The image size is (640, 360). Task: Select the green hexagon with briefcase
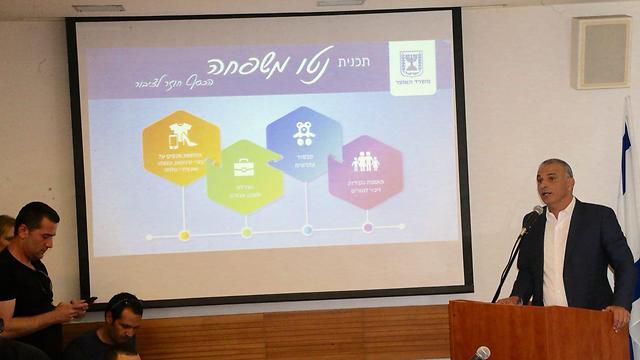pyautogui.click(x=245, y=176)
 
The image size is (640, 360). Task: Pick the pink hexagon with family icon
pyautogui.click(x=365, y=171)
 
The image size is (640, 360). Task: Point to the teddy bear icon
pyautogui.click(x=304, y=133)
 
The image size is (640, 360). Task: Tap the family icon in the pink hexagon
pyautogui.click(x=365, y=161)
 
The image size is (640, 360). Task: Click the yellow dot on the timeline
pyautogui.click(x=184, y=235)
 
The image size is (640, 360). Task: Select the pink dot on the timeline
pyautogui.click(x=368, y=227)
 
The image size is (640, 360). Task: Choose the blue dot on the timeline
pyautogui.click(x=307, y=229)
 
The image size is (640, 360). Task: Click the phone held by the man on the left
pyautogui.click(x=89, y=300)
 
